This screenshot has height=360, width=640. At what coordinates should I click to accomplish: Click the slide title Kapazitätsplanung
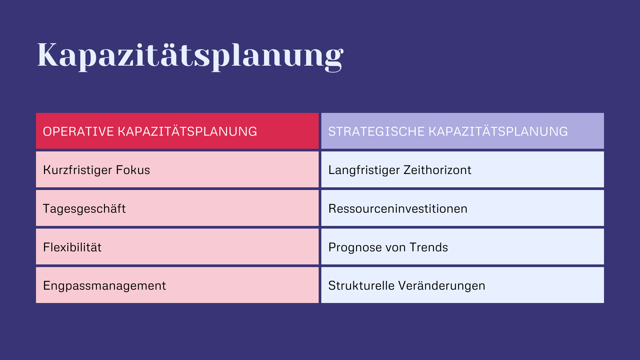click(x=190, y=55)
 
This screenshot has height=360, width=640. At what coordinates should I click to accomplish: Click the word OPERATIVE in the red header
click(x=78, y=132)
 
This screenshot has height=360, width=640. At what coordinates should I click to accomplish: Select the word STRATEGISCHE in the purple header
click(x=376, y=132)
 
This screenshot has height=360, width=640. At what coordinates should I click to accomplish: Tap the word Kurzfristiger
click(x=77, y=170)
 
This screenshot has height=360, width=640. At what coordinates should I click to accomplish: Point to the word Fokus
click(x=133, y=170)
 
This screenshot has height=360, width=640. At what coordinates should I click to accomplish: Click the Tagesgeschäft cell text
click(x=84, y=209)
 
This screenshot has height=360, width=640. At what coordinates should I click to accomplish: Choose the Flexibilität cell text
click(x=72, y=247)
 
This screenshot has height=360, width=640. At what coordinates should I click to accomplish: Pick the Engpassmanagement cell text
click(x=104, y=286)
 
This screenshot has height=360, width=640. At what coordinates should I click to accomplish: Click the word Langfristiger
click(x=364, y=170)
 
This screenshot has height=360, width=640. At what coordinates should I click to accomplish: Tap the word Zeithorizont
click(x=437, y=170)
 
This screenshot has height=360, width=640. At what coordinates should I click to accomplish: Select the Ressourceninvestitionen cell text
click(x=398, y=209)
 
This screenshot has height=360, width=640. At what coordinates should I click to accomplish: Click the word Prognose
click(x=355, y=248)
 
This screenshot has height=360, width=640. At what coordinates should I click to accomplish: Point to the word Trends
click(x=429, y=247)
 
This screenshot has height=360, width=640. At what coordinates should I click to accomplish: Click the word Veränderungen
click(x=442, y=286)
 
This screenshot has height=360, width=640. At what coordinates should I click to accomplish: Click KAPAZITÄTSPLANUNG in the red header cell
click(x=187, y=132)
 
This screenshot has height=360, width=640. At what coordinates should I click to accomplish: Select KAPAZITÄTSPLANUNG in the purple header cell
click(x=498, y=132)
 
